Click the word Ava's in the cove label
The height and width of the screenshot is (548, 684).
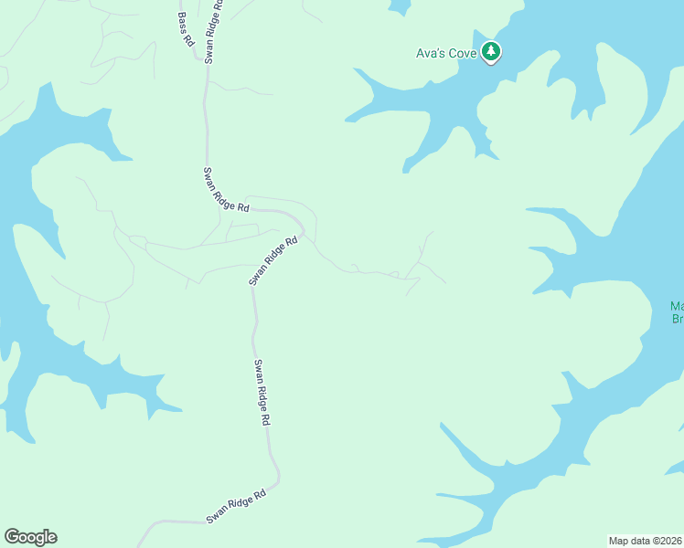point(431,53)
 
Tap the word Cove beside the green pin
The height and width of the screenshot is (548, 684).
point(462,53)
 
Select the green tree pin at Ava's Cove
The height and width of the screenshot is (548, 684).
point(492,51)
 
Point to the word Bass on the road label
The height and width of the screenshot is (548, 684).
point(182,19)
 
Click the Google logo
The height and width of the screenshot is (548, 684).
point(30,537)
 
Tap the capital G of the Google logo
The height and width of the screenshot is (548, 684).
point(12,536)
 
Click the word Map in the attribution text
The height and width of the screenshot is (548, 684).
point(619,541)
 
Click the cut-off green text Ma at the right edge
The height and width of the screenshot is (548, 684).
point(677,306)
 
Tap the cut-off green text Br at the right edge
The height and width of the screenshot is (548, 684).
point(678,319)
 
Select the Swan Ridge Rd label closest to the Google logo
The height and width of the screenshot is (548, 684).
point(235,506)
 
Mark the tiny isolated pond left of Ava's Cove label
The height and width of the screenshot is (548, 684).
point(399,6)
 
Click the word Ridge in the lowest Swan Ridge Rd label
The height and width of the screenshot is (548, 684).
point(238,504)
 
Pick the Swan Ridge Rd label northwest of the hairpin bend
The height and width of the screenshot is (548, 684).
point(226,190)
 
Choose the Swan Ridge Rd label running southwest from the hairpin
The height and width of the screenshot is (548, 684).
point(274,261)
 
